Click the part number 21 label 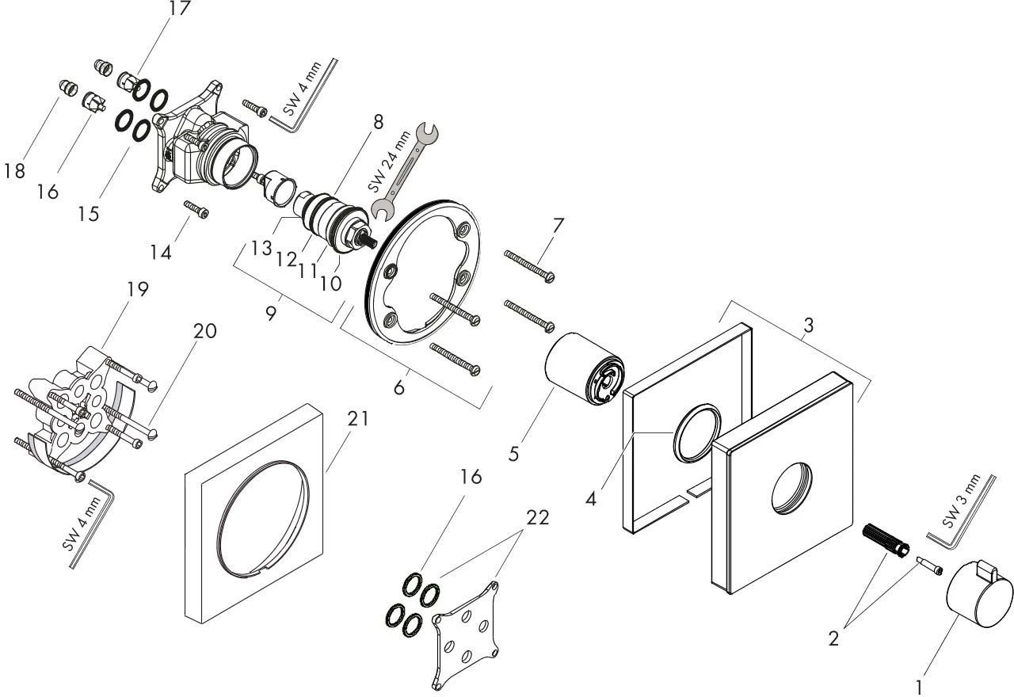pyautogui.click(x=358, y=419)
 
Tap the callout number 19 pyautogui.click(x=138, y=290)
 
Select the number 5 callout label pyautogui.click(x=513, y=454)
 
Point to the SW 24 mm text pyautogui.click(x=388, y=162)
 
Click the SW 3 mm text pyautogui.click(x=962, y=500)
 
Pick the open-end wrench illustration pyautogui.click(x=404, y=172)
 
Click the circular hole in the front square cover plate pyautogui.click(x=791, y=489)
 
